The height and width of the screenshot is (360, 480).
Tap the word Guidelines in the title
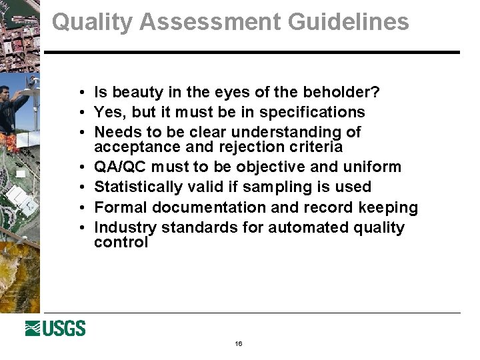(349, 22)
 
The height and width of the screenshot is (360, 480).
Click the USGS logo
(55, 328)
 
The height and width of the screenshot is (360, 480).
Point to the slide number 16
(239, 344)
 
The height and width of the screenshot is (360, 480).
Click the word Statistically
(135, 187)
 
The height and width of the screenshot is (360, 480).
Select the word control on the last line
(121, 242)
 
